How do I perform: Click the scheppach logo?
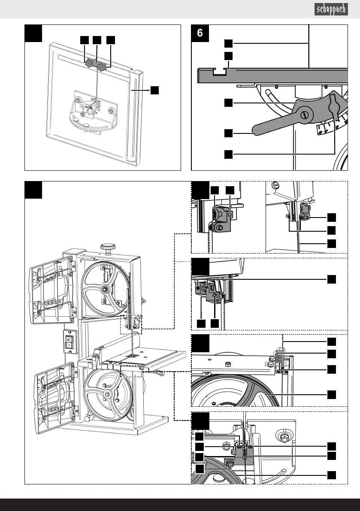pyautogui.click(x=331, y=9)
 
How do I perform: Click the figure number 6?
pyautogui.click(x=200, y=33)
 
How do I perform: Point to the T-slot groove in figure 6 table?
pyautogui.click(x=220, y=72)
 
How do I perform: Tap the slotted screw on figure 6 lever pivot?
pyautogui.click(x=305, y=115)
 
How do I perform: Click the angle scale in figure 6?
pyautogui.click(x=331, y=125)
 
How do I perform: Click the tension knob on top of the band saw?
pyautogui.click(x=108, y=247)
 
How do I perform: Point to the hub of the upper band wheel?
pyautogui.click(x=105, y=289)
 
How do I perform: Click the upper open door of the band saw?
pyautogui.click(x=52, y=290)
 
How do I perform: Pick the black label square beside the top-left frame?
pyautogui.click(x=154, y=90)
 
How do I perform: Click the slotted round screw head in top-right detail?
pyautogui.click(x=275, y=185)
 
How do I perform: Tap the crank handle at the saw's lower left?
pyautogui.click(x=87, y=418)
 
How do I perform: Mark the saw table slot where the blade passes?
pyautogui.click(x=133, y=356)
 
